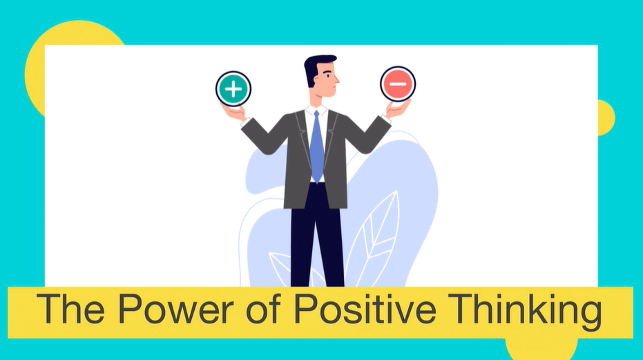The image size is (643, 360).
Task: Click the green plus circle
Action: click(233, 88)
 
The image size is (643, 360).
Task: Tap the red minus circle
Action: click(398, 84)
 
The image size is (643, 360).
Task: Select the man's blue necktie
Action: click(316, 145)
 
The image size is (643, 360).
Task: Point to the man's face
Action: click(327, 80)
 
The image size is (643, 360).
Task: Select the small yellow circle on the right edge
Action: click(606, 117)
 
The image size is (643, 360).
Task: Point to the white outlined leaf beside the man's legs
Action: click(373, 235)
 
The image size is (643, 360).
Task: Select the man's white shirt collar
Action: click(316, 111)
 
